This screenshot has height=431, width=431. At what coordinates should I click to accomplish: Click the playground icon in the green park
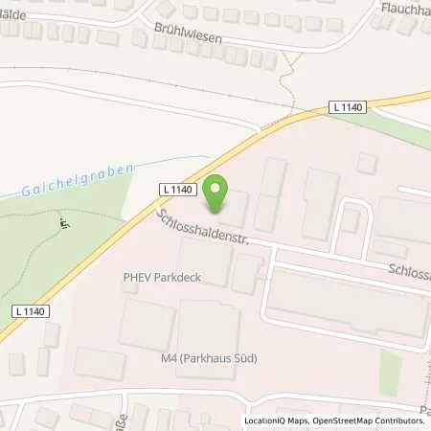click(x=64, y=224)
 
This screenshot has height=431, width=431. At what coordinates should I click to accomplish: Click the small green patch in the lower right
click(x=388, y=371)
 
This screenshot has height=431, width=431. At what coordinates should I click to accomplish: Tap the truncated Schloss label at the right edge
click(x=407, y=272)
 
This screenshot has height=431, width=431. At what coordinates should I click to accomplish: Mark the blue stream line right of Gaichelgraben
click(x=172, y=162)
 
